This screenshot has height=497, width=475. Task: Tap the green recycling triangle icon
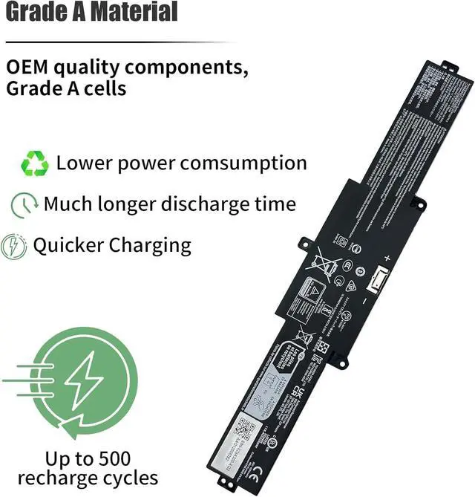[34, 163]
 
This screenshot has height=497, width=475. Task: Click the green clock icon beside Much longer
[24, 204]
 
